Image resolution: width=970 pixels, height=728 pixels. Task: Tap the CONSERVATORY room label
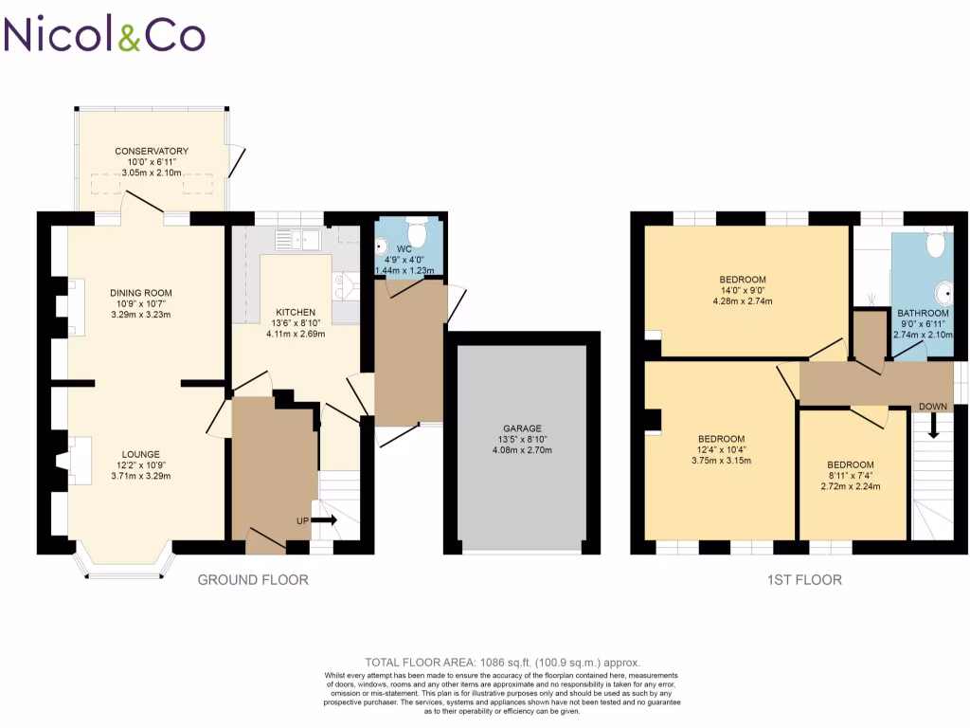coord(152,152)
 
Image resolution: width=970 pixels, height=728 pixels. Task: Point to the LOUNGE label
coord(140,454)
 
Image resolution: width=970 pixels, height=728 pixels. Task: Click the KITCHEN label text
coord(295,312)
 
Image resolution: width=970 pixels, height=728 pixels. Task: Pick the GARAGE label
coord(523,428)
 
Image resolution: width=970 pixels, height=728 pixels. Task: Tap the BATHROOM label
coord(923,313)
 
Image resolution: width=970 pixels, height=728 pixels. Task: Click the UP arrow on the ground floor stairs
coord(324,520)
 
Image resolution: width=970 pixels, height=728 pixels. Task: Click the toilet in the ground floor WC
coord(415,232)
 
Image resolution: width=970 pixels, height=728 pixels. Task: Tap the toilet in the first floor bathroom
coord(935,244)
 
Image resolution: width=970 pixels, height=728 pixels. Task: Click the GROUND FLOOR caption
coord(252,579)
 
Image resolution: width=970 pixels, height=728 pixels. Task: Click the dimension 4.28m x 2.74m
coord(743,302)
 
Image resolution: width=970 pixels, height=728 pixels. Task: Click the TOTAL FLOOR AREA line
coord(503,662)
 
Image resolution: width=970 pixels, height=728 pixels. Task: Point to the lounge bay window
coord(124,567)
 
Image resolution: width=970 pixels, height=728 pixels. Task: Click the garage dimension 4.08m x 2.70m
coord(523,450)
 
